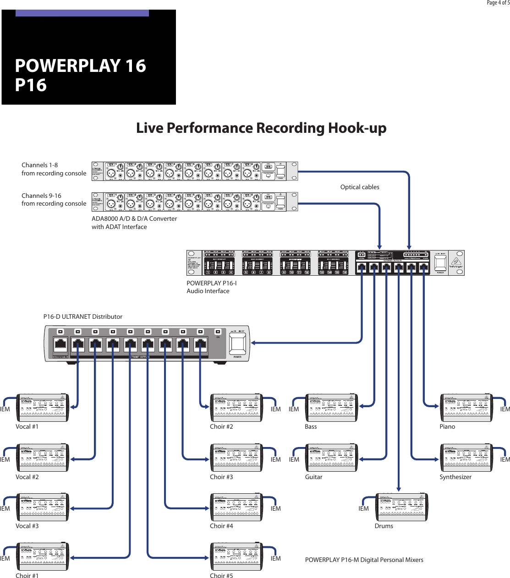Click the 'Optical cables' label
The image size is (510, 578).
(x=360, y=187)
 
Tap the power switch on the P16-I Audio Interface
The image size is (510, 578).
(x=440, y=262)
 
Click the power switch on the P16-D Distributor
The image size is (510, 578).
(x=237, y=344)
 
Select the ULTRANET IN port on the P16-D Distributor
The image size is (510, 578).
(x=60, y=344)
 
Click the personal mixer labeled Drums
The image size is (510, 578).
(x=401, y=507)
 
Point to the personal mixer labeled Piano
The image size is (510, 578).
(x=466, y=408)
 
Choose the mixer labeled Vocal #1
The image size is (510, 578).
(x=43, y=408)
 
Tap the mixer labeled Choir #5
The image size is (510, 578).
(x=236, y=557)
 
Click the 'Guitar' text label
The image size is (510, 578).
(x=314, y=477)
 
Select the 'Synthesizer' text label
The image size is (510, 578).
(x=455, y=477)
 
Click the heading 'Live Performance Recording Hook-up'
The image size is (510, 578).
(x=261, y=128)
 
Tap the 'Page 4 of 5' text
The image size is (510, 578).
(x=498, y=3)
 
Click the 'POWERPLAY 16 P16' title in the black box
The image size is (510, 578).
(x=80, y=75)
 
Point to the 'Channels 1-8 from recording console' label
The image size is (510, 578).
(x=54, y=169)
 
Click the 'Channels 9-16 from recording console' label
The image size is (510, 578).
(x=54, y=200)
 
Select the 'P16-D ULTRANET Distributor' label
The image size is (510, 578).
(x=83, y=316)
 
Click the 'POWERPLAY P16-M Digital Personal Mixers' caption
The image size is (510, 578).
(x=364, y=560)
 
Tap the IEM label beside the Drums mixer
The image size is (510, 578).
(x=363, y=508)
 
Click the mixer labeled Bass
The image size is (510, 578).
(x=332, y=408)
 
